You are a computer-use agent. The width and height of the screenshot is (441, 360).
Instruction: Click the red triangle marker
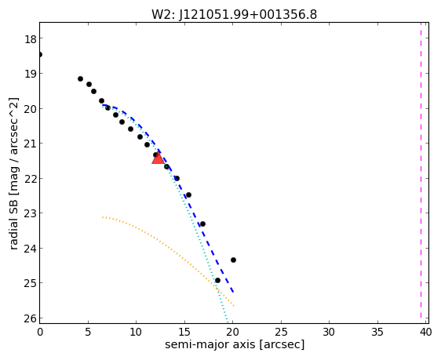158,158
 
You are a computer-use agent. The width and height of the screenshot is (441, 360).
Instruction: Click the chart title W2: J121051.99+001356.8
235,14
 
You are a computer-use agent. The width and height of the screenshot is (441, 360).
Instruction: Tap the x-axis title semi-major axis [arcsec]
235,344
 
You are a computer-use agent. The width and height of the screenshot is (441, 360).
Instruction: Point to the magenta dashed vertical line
421,170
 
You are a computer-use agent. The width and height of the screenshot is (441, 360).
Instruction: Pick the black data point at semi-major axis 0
40,55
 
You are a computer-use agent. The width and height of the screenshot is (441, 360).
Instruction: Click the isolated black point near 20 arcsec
233,260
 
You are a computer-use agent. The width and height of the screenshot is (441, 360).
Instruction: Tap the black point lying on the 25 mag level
217,281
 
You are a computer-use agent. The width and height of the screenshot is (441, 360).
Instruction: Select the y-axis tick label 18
30,39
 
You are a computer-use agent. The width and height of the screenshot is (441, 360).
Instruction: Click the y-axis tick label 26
30,318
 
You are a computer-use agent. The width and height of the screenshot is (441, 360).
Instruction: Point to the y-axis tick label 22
30,179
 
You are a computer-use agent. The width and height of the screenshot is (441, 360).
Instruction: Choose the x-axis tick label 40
425,333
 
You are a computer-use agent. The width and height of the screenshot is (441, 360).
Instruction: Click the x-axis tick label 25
281,333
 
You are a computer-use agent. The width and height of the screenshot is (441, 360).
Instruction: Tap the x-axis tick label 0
40,333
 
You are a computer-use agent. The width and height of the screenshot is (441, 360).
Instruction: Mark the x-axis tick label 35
377,333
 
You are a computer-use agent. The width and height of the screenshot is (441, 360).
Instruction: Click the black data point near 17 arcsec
202,224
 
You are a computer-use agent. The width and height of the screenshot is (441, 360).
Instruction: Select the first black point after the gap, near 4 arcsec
81,78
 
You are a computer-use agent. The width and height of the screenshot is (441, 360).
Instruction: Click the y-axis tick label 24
30,249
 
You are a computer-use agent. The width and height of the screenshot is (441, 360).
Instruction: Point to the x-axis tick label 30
329,333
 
